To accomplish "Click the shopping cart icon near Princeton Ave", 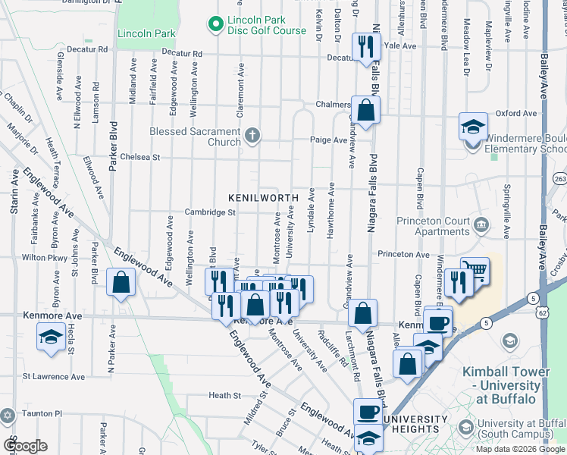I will point(475,270).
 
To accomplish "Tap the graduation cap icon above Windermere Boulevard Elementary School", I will point(473,126).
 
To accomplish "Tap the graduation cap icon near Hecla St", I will point(50,336).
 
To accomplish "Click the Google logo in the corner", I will point(25,446).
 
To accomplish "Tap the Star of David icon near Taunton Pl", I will point(8,416).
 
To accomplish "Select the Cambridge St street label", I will point(210,213).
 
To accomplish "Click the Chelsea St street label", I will point(140,158).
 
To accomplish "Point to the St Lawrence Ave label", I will point(54,376).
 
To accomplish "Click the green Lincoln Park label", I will point(146,33).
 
